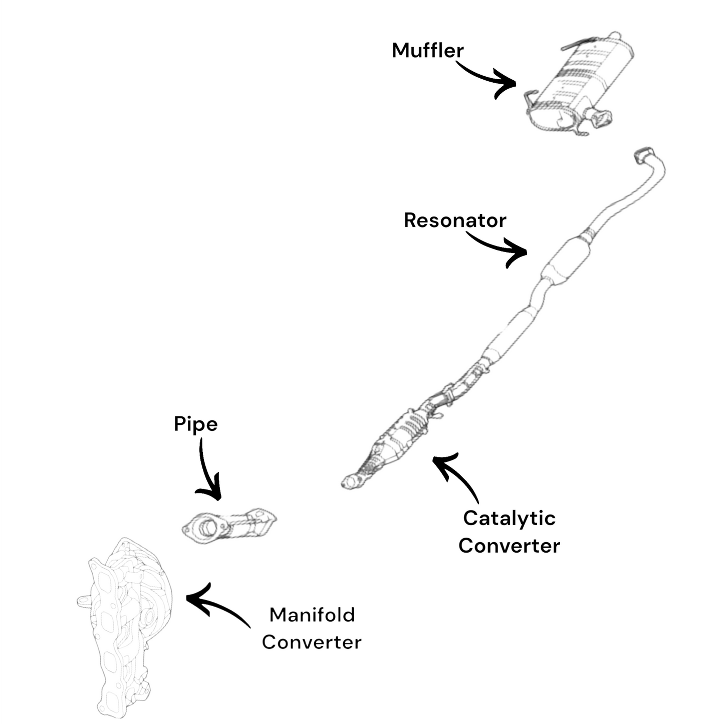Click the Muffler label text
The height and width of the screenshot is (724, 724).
(427, 51)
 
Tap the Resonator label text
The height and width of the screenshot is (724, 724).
(455, 220)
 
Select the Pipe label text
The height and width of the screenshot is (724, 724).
(195, 424)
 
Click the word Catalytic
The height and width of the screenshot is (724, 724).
(509, 518)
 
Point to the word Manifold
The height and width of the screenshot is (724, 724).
(312, 615)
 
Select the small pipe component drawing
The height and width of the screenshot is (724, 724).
(228, 526)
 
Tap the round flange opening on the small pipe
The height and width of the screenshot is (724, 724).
(206, 528)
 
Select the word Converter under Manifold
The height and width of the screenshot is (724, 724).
(311, 642)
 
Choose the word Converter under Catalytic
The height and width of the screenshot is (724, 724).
(509, 546)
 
